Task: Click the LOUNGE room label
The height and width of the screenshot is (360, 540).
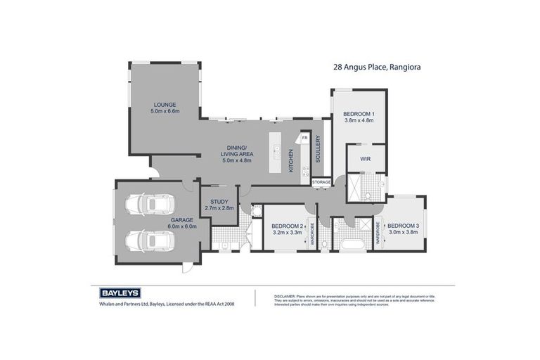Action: coord(165,103)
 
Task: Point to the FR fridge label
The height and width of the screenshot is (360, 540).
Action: coord(304,139)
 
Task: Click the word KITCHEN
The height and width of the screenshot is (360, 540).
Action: coord(292,160)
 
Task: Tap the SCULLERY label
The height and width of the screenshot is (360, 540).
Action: coord(318,149)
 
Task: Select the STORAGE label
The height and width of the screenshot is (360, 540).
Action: coord(321,181)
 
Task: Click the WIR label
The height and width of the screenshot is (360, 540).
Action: coord(366,159)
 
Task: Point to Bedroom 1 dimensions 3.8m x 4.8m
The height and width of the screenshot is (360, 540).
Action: coord(359,121)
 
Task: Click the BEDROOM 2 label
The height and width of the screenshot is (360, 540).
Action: coord(287,225)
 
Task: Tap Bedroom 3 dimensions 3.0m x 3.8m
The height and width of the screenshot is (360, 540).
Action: coord(403,231)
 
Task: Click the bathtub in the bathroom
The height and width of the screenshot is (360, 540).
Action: coord(349,245)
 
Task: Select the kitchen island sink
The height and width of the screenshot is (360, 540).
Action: coord(276,150)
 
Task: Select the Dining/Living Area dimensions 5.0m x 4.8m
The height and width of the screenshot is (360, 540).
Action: coord(236,160)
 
